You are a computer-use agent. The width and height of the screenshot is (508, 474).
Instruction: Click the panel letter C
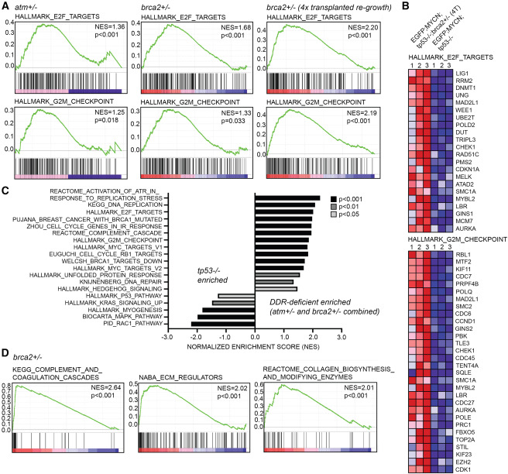click(6, 187)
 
